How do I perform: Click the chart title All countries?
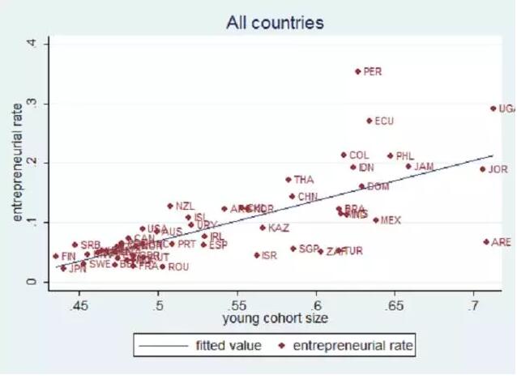(x=275, y=23)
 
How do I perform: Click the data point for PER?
(x=357, y=71)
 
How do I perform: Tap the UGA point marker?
(x=493, y=108)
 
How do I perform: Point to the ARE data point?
(x=486, y=241)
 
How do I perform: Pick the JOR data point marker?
(x=482, y=169)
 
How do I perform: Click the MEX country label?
(x=391, y=219)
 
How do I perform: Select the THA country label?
(x=303, y=180)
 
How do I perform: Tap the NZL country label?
(x=185, y=207)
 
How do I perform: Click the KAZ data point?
(x=263, y=228)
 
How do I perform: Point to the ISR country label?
(x=269, y=255)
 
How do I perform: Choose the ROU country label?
(x=177, y=266)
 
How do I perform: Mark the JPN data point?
(x=63, y=268)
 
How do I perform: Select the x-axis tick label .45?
(x=79, y=305)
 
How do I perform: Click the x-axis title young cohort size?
(x=276, y=319)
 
